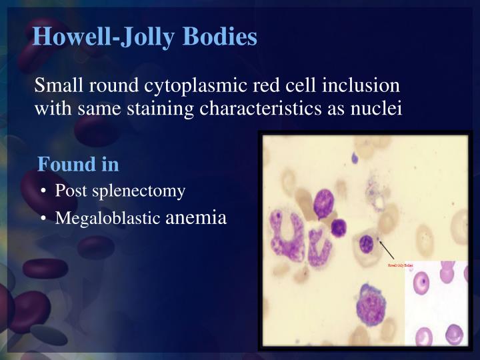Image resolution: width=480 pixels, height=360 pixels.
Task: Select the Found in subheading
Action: click(x=78, y=163)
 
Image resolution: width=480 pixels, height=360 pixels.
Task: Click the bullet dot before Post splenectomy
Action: click(x=43, y=191)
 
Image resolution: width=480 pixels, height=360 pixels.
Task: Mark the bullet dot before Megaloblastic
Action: click(x=43, y=219)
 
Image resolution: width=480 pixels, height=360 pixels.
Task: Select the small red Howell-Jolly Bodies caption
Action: click(x=401, y=265)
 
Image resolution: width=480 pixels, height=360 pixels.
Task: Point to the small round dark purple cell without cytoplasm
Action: click(x=339, y=228)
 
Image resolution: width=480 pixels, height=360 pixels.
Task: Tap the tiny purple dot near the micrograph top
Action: click(x=355, y=159)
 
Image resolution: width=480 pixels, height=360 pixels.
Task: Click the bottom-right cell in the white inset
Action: click(x=453, y=333)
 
